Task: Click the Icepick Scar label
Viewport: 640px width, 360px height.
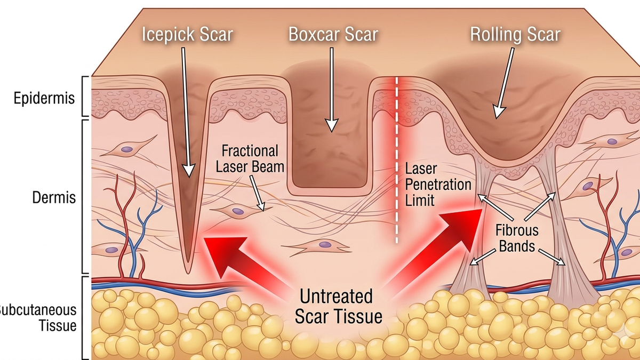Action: pyautogui.click(x=187, y=34)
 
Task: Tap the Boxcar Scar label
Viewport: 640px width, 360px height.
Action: pyautogui.click(x=333, y=34)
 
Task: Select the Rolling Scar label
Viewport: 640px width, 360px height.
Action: pyautogui.click(x=515, y=35)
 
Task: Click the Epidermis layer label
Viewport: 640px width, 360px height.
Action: pyautogui.click(x=44, y=99)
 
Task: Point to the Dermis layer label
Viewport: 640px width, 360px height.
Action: pyautogui.click(x=54, y=197)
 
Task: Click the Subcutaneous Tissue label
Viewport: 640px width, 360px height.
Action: pyautogui.click(x=38, y=318)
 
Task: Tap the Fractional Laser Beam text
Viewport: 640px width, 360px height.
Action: pyautogui.click(x=250, y=159)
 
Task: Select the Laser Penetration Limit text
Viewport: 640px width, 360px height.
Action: pyautogui.click(x=438, y=185)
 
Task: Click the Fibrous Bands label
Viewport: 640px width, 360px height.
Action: pyautogui.click(x=517, y=238)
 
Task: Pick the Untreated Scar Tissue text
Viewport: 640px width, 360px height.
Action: pyautogui.click(x=338, y=306)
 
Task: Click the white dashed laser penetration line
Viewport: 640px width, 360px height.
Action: pyautogui.click(x=397, y=160)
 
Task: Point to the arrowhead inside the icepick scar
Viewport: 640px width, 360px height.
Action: pyautogui.click(x=189, y=171)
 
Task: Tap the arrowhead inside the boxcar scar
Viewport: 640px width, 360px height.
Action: pyautogui.click(x=332, y=125)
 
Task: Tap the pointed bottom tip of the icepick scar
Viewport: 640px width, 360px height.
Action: pyautogui.click(x=188, y=273)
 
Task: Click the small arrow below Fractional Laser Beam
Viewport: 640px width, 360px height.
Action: pyautogui.click(x=258, y=194)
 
